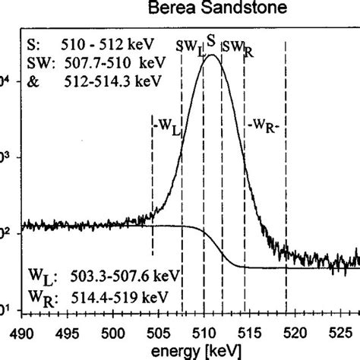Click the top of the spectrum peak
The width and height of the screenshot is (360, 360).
pos(212,55)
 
